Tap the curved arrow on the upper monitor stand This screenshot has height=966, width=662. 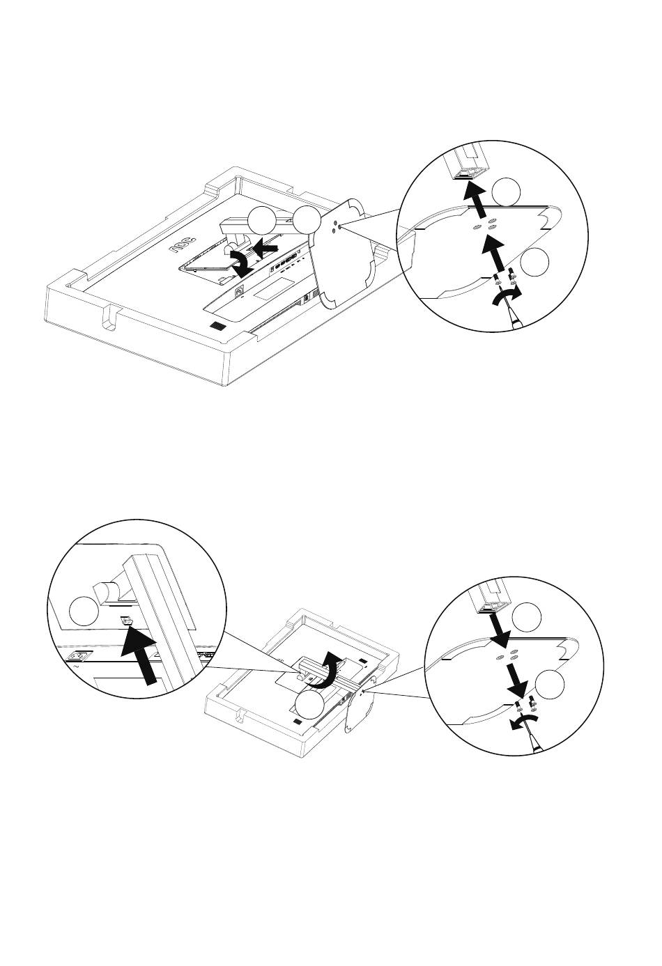pyautogui.click(x=245, y=265)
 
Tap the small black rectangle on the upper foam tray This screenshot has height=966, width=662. pyautogui.click(x=218, y=326)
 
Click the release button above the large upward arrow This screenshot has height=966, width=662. pyautogui.click(x=127, y=621)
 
